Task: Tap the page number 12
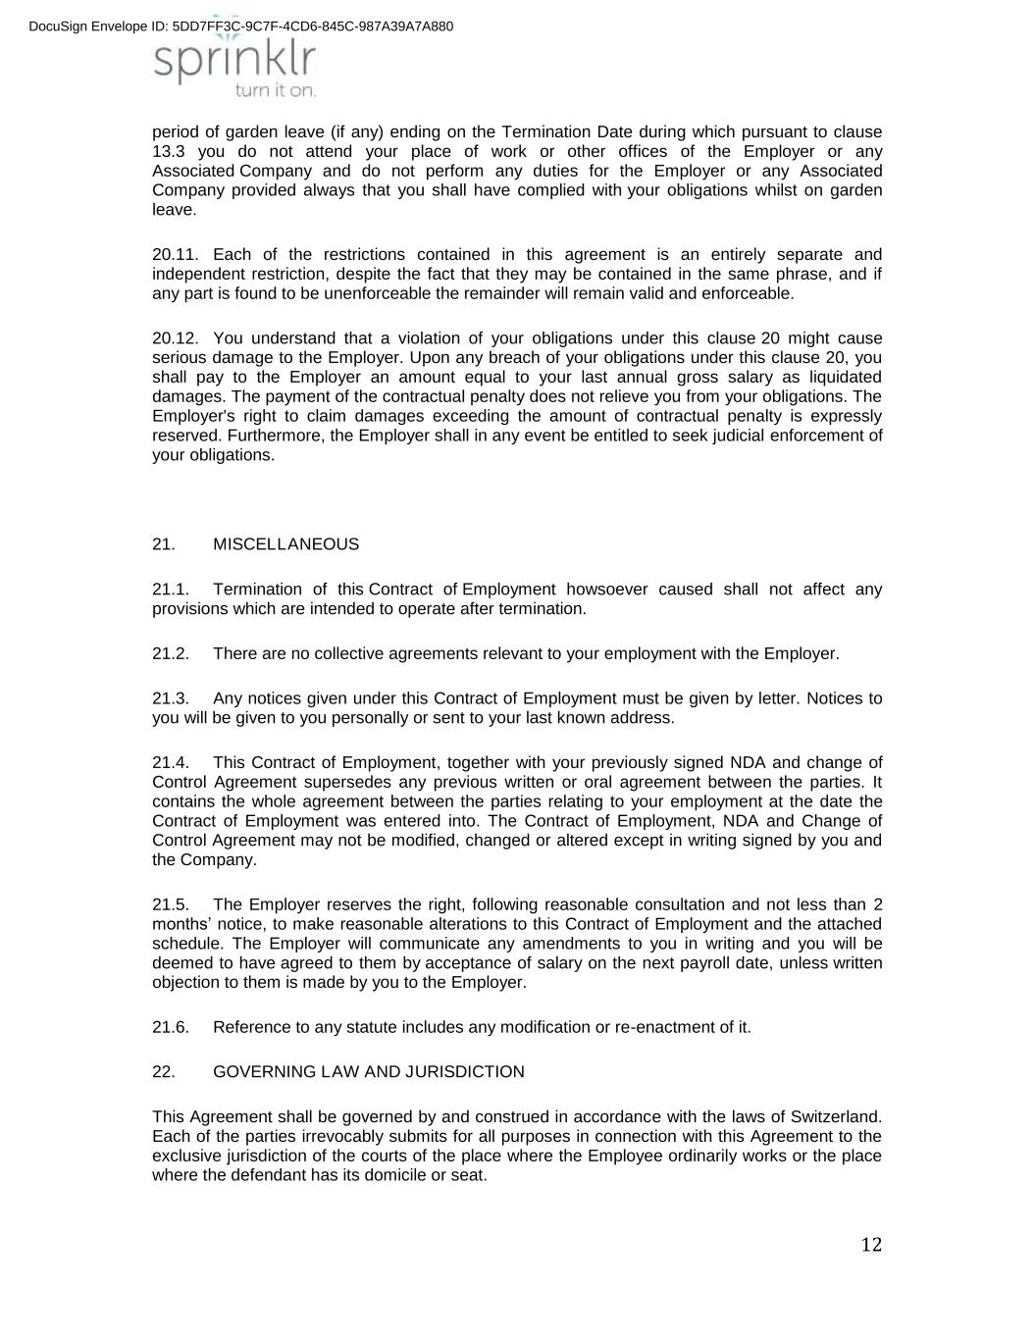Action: click(871, 1245)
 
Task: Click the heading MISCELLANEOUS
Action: click(285, 544)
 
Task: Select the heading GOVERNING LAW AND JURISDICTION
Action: click(368, 1072)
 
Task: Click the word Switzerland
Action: click(836, 1117)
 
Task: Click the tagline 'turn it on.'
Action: click(276, 90)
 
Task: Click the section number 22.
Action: click(164, 1072)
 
